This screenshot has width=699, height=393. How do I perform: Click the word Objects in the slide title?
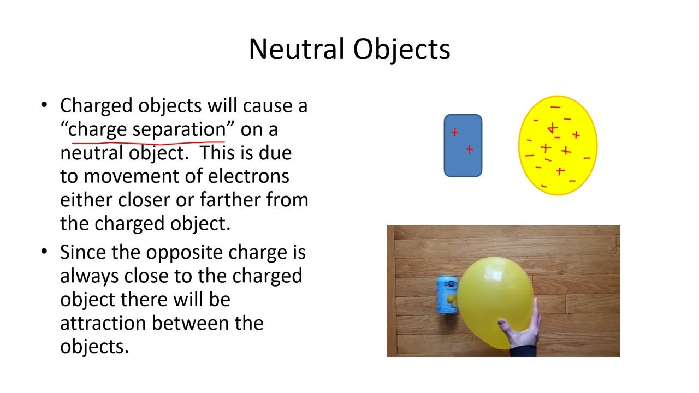click(401, 49)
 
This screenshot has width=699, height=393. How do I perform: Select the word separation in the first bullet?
click(179, 129)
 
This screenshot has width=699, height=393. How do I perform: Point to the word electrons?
click(248, 176)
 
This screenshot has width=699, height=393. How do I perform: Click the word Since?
click(83, 252)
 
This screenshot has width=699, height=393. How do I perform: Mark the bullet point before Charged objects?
click(44, 105)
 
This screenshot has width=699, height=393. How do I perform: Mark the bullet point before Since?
click(44, 252)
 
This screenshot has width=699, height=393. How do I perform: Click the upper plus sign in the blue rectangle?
click(454, 132)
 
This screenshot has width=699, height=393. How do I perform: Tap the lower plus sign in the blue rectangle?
click(469, 150)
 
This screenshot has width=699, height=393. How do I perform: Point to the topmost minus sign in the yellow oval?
click(555, 108)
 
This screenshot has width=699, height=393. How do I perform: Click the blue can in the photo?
click(446, 295)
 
